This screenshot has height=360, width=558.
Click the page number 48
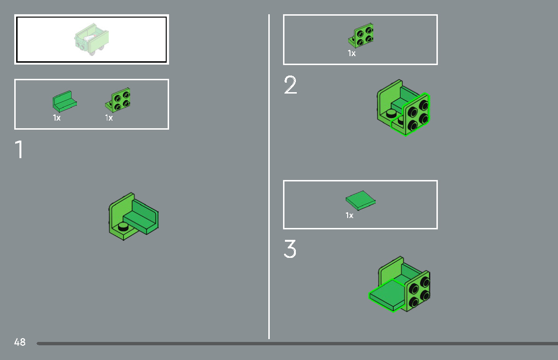click(x=19, y=342)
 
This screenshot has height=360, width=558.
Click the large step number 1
click(x=19, y=149)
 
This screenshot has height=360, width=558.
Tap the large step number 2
click(x=290, y=85)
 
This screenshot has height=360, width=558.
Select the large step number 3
click(x=290, y=248)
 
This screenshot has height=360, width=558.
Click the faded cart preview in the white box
click(x=92, y=39)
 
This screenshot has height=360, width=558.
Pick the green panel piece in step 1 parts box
click(x=65, y=101)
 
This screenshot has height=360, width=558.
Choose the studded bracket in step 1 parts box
click(x=118, y=100)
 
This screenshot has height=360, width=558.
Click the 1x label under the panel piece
click(x=57, y=118)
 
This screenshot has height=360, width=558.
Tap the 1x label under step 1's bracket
click(x=109, y=118)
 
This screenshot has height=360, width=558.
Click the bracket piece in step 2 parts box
click(x=361, y=35)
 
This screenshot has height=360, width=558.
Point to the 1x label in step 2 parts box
click(x=351, y=53)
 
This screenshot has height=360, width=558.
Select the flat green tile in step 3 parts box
click(x=360, y=200)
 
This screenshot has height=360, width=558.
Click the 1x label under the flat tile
click(x=350, y=216)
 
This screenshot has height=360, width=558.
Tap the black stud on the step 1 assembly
click(x=123, y=226)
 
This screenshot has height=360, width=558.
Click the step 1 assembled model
click(x=134, y=216)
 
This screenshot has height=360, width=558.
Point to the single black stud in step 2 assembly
click(x=391, y=114)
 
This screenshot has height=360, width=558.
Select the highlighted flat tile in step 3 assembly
click(x=387, y=295)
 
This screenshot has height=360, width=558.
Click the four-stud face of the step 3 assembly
click(x=418, y=292)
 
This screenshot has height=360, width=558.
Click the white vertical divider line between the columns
click(x=269, y=177)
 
